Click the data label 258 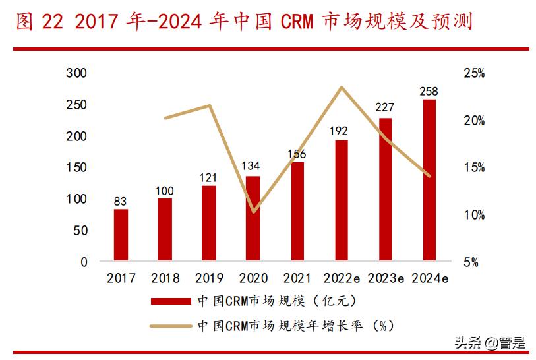(429, 91)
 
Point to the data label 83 (121, 201)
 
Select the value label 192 (341, 132)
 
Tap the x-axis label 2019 (209, 279)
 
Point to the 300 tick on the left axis (77, 74)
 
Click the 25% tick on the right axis (474, 74)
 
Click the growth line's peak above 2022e (341, 87)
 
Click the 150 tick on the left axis (77, 167)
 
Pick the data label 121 (209, 177)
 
